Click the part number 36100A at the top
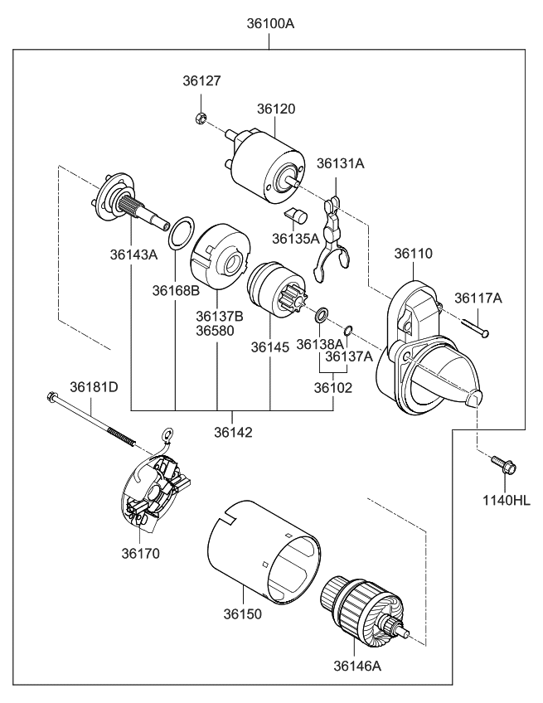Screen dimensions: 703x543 coord(270,23)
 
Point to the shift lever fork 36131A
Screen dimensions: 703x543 coord(331,240)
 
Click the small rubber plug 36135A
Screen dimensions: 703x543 coord(295,218)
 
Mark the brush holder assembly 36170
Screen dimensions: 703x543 coord(158,494)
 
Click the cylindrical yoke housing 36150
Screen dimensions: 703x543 coord(261,551)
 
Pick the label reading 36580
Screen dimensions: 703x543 coord(215,330)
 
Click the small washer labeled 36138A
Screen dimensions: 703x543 coord(321,315)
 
